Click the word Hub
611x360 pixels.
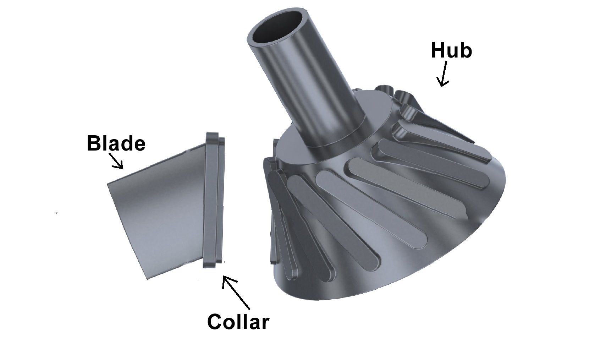click(x=451, y=50)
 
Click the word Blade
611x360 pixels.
click(x=116, y=143)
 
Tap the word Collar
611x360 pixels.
click(x=238, y=322)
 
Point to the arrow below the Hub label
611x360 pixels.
click(x=443, y=73)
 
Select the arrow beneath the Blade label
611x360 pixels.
click(x=116, y=160)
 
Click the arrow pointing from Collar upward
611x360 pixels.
click(x=236, y=293)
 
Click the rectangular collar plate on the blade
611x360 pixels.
click(x=214, y=201)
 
